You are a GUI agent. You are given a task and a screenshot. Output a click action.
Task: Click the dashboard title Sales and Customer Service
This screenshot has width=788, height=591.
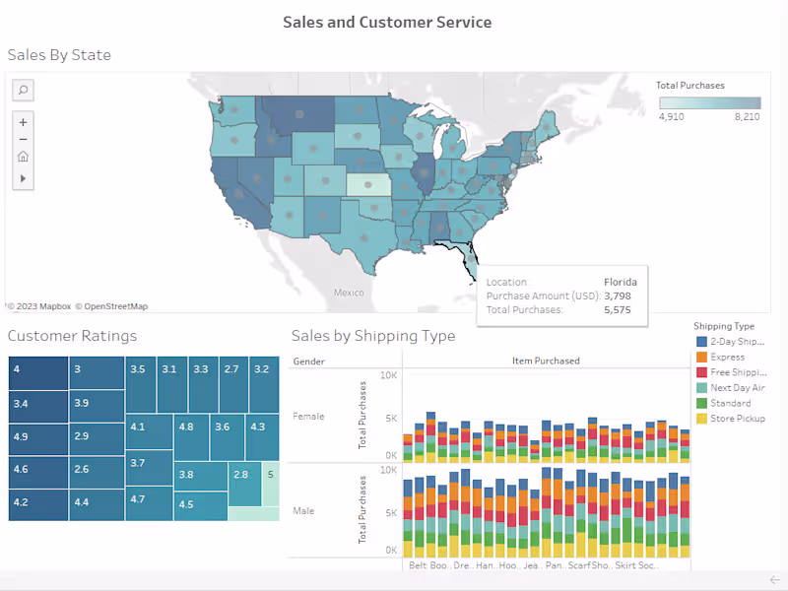(x=387, y=22)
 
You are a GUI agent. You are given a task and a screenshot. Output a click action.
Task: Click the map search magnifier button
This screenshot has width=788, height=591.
(x=24, y=90)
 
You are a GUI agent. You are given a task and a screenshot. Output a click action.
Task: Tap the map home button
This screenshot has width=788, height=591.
(x=24, y=156)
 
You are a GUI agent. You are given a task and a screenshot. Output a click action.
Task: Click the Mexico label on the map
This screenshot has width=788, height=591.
(x=349, y=293)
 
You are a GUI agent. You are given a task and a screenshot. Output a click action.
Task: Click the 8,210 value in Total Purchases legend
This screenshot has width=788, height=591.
(x=746, y=116)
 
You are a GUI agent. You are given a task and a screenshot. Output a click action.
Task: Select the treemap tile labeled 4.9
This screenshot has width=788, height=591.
(x=38, y=436)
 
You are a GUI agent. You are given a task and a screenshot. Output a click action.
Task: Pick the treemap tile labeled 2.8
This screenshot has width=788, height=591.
(x=243, y=475)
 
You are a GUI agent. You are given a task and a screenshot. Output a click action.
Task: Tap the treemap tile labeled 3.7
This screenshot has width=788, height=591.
(x=149, y=463)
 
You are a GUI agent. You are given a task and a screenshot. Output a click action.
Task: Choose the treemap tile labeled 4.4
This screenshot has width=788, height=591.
(x=96, y=502)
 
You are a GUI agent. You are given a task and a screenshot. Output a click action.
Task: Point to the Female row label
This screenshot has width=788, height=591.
(x=308, y=416)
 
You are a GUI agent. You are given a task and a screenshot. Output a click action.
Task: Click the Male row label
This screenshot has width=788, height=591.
(x=303, y=511)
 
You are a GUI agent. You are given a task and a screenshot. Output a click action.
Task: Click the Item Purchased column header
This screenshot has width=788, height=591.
(x=546, y=361)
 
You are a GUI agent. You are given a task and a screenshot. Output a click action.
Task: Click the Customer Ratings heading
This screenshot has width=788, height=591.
(x=72, y=336)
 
